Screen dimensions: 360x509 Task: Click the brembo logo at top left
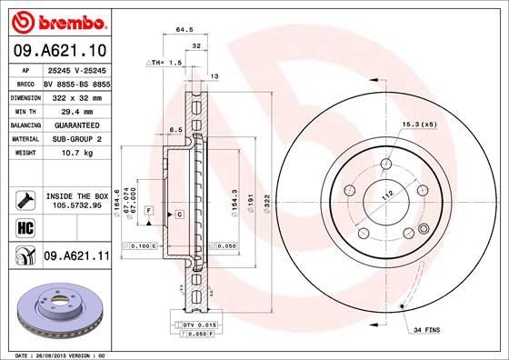pyautogui.click(x=56, y=20)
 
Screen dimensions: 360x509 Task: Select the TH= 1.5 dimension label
pyautogui.click(x=166, y=64)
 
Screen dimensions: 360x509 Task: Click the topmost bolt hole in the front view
pyautogui.click(x=385, y=165)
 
